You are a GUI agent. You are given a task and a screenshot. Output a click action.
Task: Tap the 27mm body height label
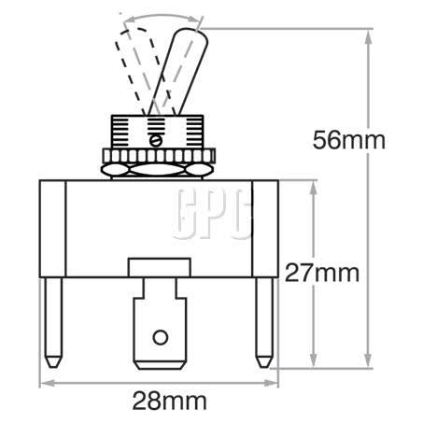[x=322, y=274]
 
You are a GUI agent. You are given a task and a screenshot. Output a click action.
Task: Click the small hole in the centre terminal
[x=161, y=335]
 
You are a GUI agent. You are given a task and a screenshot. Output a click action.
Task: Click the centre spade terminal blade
[x=160, y=322]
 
